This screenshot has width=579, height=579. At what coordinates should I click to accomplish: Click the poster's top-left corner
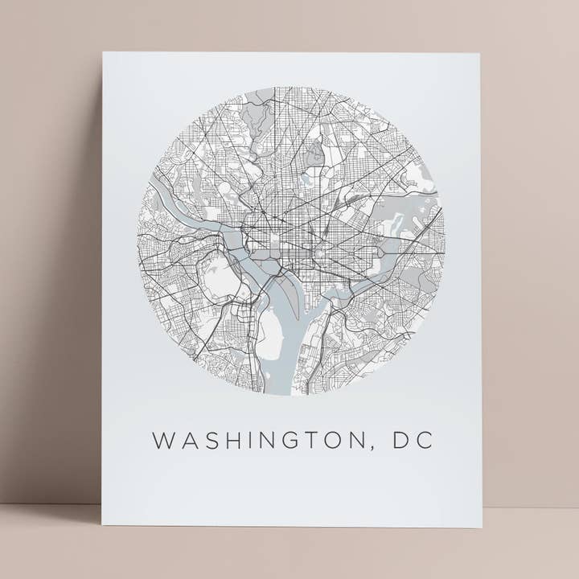tap(104, 54)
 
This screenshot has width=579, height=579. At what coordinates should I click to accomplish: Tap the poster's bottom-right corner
tap(482, 527)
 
